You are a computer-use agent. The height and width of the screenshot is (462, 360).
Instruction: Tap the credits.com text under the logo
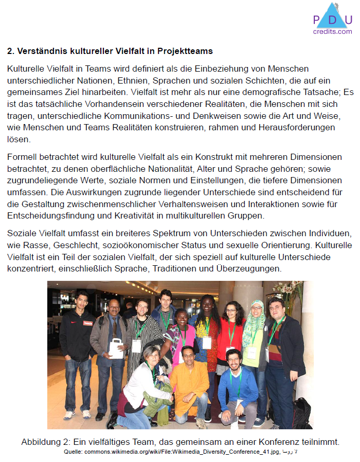[332, 32]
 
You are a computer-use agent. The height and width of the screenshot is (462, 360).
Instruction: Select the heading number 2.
[10, 51]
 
